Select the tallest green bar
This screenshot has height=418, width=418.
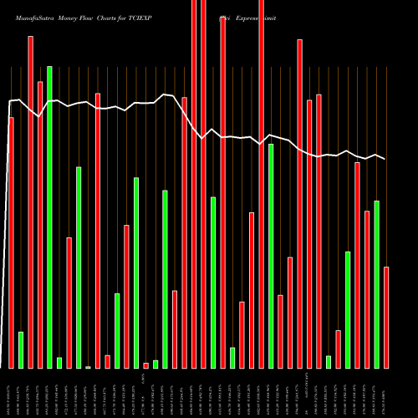pyautogui.click(x=49, y=217)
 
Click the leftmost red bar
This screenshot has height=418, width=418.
pyautogui.click(x=11, y=242)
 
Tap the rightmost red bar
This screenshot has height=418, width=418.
pyautogui.click(x=386, y=318)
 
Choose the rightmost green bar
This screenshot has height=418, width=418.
pyautogui.click(x=376, y=284)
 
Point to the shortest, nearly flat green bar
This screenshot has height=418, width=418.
pyautogui.click(x=88, y=367)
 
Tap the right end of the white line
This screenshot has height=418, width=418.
pyautogui.click(x=385, y=159)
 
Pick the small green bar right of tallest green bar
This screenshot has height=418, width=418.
pyautogui.click(x=59, y=362)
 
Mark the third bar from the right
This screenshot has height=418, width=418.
pyautogui.click(x=367, y=289)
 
